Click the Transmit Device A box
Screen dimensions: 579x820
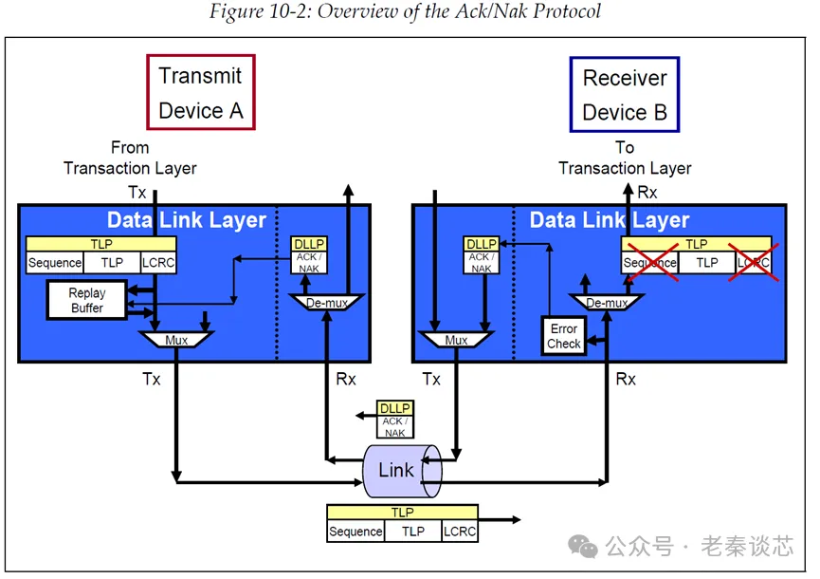(200, 92)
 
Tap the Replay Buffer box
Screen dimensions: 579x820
(87, 301)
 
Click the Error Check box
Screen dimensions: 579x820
(563, 336)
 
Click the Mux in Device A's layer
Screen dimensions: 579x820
(177, 339)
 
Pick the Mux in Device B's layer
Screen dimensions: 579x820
(456, 339)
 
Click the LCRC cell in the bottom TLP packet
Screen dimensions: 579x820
(460, 532)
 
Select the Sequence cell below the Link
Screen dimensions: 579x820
(355, 532)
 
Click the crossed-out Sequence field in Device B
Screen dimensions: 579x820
(650, 262)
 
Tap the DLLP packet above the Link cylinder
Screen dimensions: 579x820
(394, 420)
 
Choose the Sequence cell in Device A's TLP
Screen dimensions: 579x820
(54, 262)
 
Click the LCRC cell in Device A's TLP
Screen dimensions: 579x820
(158, 262)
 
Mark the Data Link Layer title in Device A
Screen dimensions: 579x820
(186, 220)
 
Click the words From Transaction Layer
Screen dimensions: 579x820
(130, 159)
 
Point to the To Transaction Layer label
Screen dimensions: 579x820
(625, 159)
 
